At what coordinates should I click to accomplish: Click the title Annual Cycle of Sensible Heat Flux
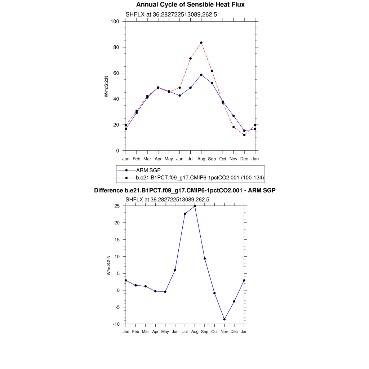[190, 5]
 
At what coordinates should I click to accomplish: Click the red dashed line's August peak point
[201, 43]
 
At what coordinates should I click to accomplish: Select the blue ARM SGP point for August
[201, 75]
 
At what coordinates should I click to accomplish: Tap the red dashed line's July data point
[190, 58]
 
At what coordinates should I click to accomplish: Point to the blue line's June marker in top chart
[179, 95]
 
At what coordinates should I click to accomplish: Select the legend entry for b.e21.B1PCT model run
[200, 177]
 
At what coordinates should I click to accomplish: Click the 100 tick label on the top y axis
[115, 21]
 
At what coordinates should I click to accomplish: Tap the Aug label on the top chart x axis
[201, 159]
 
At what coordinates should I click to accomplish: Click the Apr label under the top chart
[158, 159]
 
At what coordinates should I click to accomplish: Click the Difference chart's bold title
[184, 190]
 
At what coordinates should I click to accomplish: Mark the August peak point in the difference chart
[195, 206]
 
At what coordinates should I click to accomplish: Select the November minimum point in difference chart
[224, 319]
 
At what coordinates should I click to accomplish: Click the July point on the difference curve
[185, 214]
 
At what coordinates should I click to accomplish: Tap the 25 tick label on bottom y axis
[117, 206]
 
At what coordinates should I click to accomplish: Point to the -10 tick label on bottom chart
[116, 324]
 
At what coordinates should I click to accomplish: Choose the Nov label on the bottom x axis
[224, 332]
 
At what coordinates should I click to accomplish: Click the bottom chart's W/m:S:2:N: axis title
[108, 265]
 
